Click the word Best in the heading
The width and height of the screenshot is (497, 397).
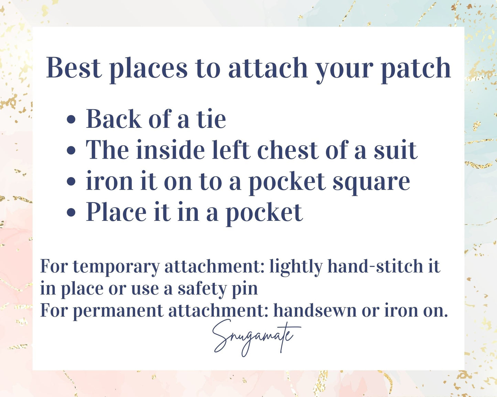[74, 68]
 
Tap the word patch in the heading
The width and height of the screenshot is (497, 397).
[416, 70]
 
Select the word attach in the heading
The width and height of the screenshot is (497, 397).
[268, 68]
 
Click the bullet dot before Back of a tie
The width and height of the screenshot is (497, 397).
[71, 120]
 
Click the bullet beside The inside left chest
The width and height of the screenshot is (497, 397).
[71, 150]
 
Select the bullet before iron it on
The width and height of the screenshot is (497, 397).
[71, 181]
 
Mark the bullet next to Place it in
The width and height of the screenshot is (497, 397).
[71, 212]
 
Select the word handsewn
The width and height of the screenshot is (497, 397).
[315, 310]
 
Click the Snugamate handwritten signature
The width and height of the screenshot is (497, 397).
[256, 338]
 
